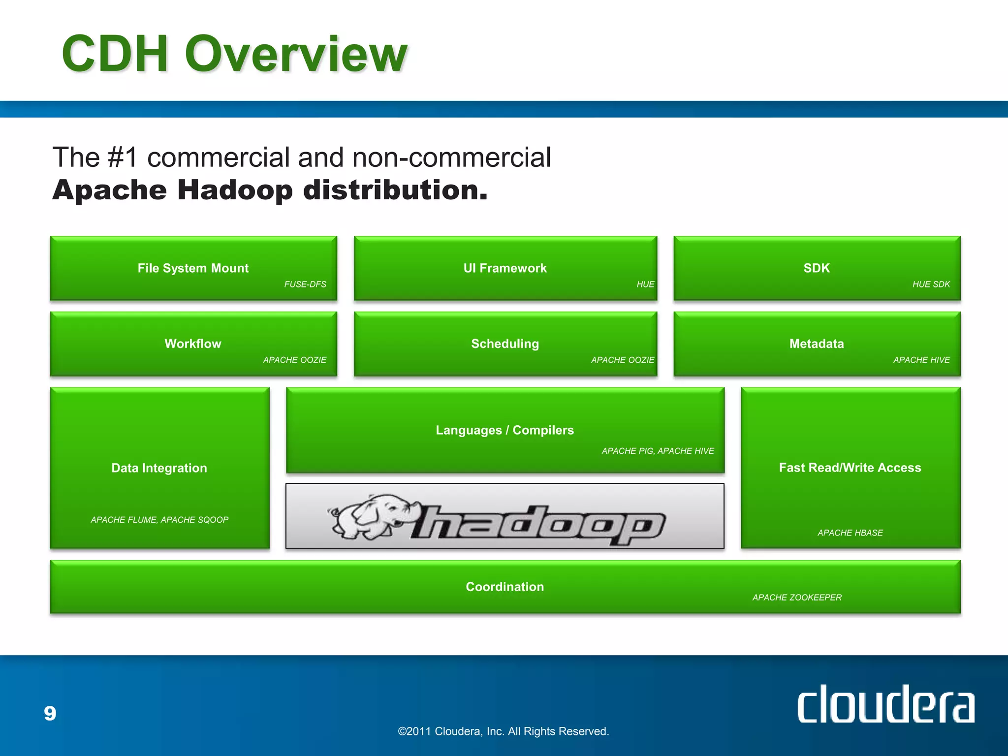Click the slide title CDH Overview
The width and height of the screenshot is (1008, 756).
pyautogui.click(x=234, y=54)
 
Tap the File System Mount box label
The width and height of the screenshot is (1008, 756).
pyautogui.click(x=193, y=268)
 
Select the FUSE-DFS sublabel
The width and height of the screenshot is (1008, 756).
pyautogui.click(x=305, y=284)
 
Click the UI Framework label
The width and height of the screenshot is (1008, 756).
pyautogui.click(x=505, y=268)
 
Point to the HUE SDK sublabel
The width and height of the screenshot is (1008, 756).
pyautogui.click(x=931, y=284)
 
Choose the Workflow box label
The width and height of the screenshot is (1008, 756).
pyautogui.click(x=193, y=344)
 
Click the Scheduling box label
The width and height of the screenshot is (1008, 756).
pyautogui.click(x=505, y=344)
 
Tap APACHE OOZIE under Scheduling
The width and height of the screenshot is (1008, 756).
pyautogui.click(x=622, y=360)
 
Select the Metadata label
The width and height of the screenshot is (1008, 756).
pyautogui.click(x=817, y=344)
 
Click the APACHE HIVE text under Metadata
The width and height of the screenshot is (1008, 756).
pyautogui.click(x=921, y=360)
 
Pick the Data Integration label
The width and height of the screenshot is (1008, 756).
pyautogui.click(x=159, y=468)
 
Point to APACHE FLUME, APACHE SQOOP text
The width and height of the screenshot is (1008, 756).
pyautogui.click(x=159, y=520)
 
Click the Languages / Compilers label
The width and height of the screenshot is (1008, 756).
pyautogui.click(x=505, y=430)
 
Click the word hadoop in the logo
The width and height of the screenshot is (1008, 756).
pyautogui.click(x=539, y=524)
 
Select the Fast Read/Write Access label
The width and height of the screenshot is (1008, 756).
pyautogui.click(x=850, y=468)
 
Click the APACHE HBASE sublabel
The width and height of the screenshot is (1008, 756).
pyautogui.click(x=850, y=533)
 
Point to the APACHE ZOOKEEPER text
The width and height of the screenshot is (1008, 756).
pyautogui.click(x=797, y=598)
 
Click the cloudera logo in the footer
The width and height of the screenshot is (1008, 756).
pyautogui.click(x=885, y=705)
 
